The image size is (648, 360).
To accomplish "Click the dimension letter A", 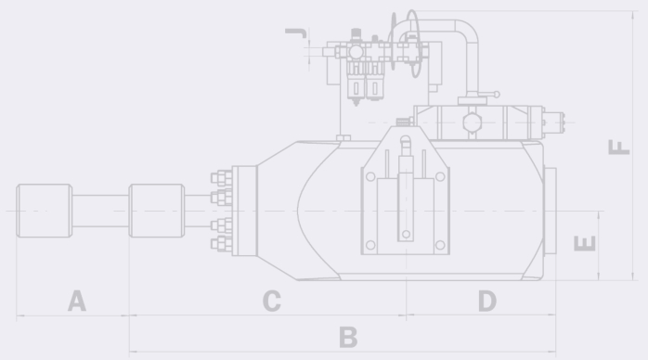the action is pos(77,301).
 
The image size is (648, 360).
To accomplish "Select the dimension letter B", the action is pos(348,337).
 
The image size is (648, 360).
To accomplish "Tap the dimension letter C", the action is pos(271,301).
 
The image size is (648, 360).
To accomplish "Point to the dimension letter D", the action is pos(487,301).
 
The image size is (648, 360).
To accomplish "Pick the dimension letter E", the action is pos(585,243).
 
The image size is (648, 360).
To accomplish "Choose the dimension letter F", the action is pos(618,147).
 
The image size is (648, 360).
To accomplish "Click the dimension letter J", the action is pos(296,33).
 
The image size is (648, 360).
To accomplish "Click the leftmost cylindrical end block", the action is pos(45,211).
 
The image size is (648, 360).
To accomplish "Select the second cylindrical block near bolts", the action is pos(157,211).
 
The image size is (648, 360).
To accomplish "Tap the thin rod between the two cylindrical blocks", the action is pos(100,211).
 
